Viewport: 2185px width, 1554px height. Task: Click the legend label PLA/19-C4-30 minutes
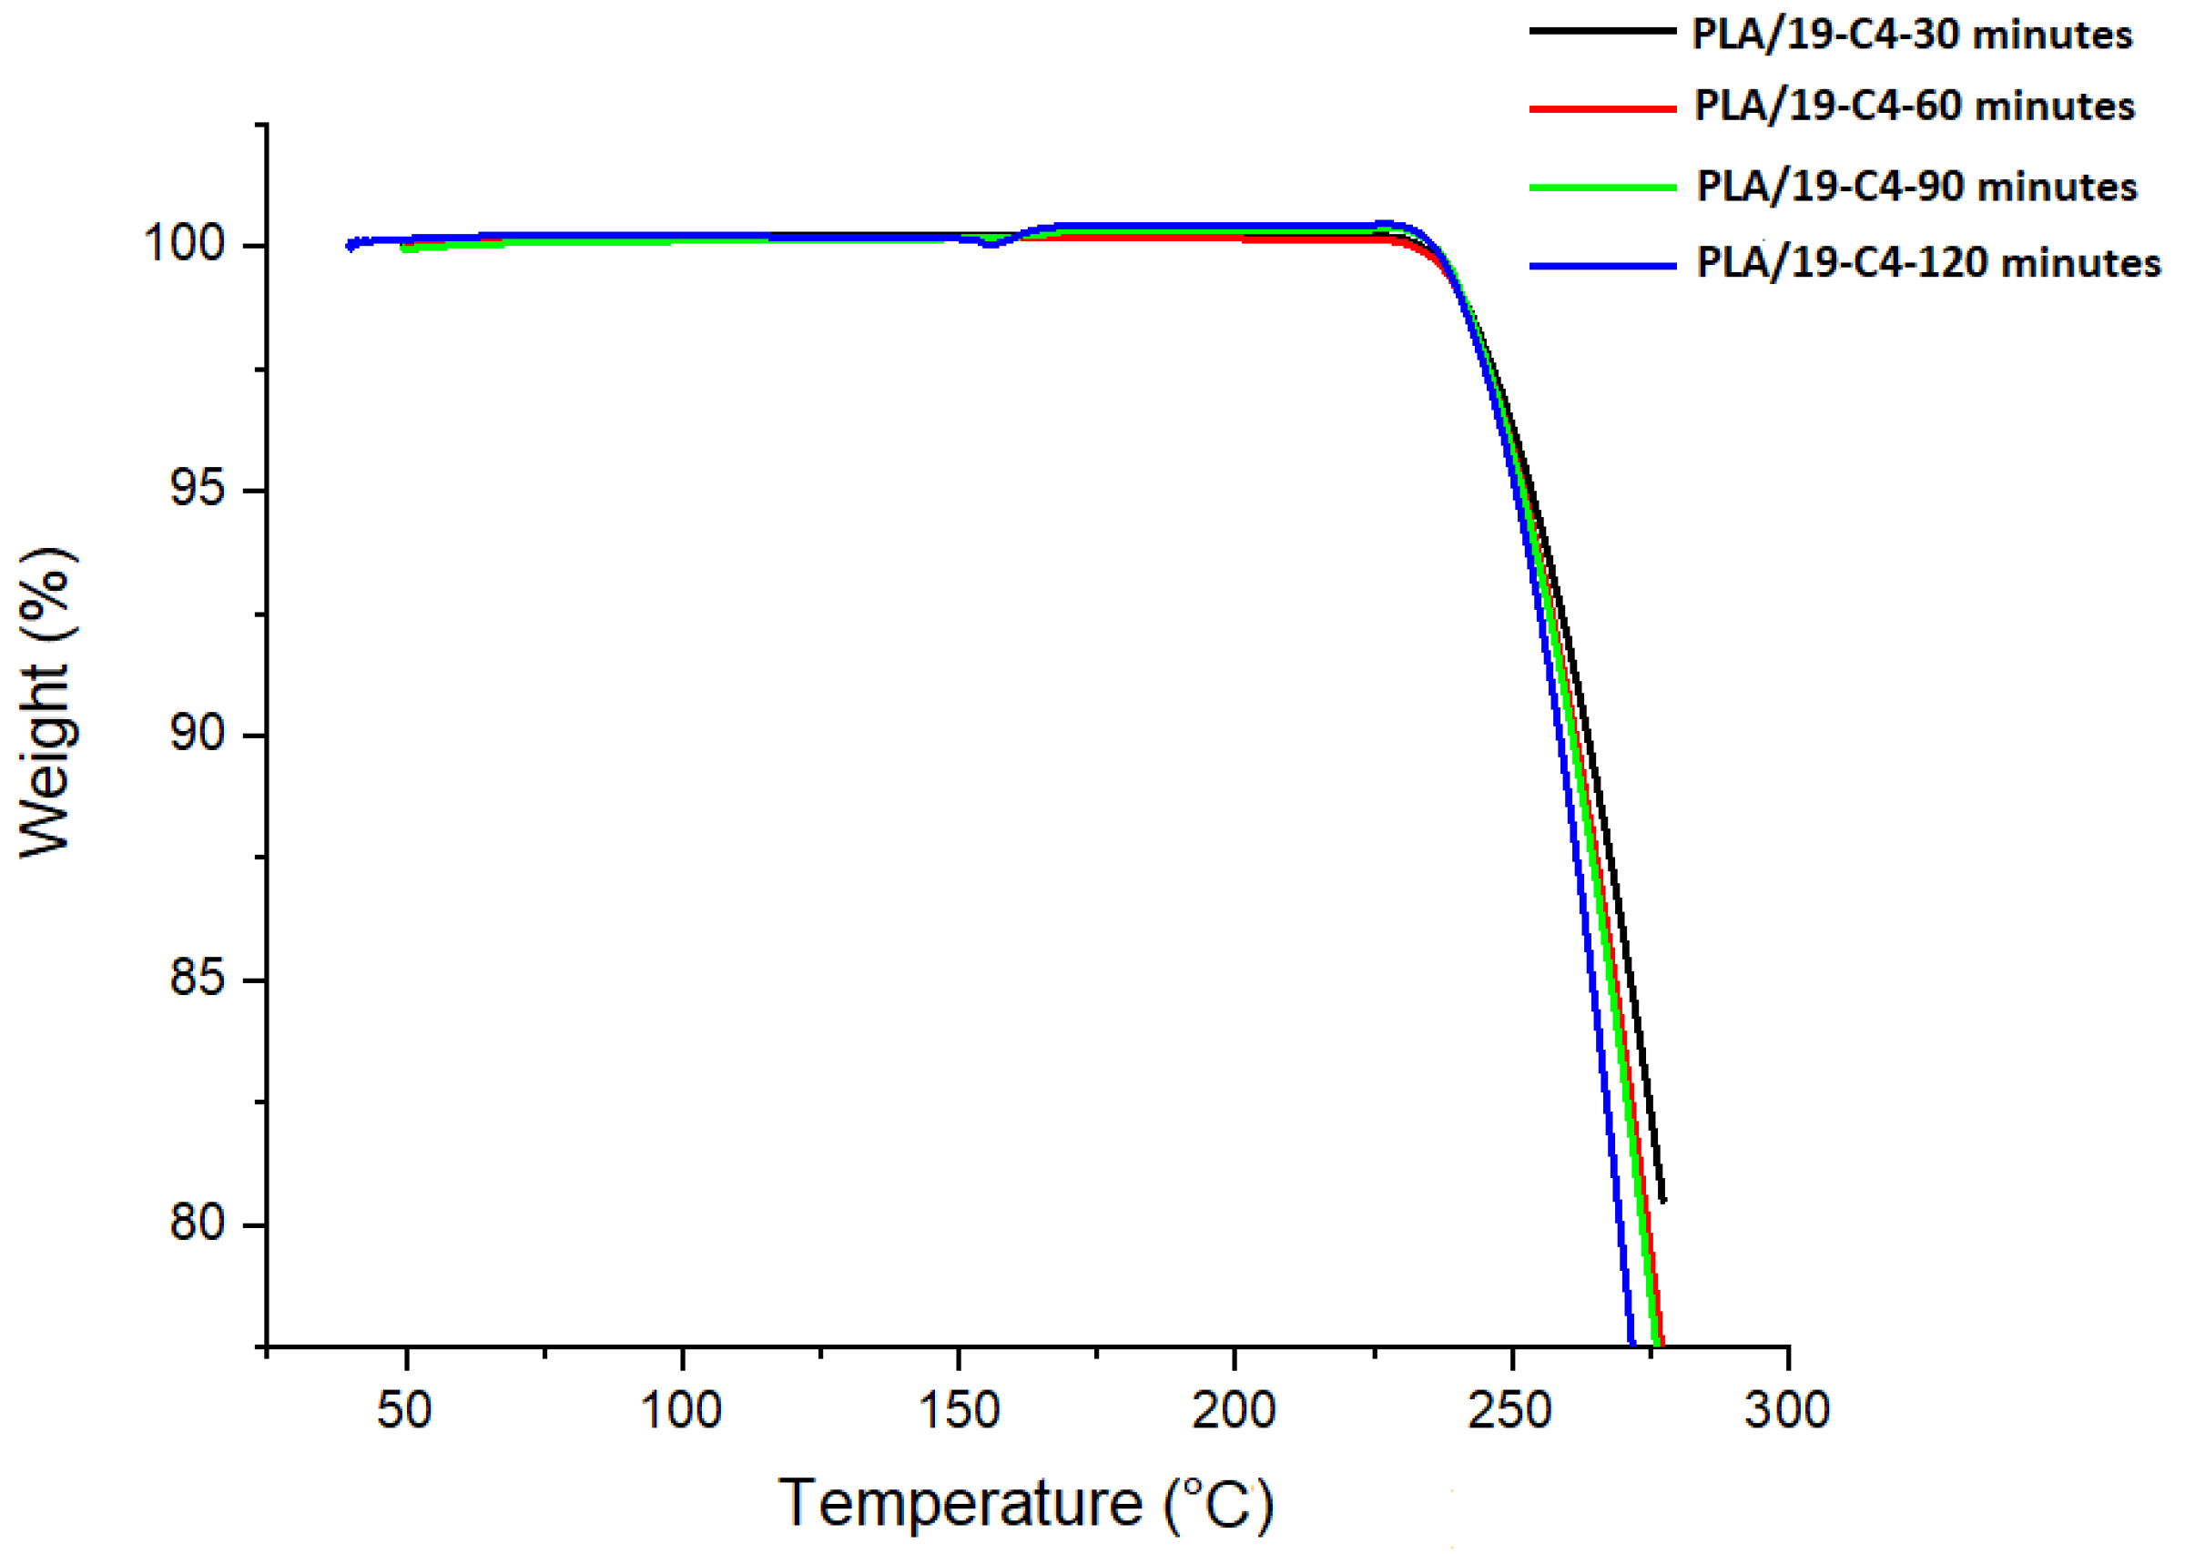point(1911,36)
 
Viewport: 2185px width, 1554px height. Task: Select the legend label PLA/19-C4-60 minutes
point(1915,107)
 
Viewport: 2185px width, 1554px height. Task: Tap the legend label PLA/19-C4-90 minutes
point(1916,187)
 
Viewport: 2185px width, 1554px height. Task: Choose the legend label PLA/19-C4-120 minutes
point(1928,263)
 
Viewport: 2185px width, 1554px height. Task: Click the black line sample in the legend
point(1602,32)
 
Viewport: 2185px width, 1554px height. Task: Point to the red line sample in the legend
point(1602,108)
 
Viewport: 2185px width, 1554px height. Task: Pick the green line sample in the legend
point(1602,188)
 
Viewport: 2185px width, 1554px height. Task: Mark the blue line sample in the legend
point(1602,265)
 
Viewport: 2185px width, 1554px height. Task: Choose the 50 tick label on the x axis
point(404,1410)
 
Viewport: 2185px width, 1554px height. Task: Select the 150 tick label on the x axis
point(958,1410)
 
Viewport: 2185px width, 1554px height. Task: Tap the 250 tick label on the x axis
point(1509,1410)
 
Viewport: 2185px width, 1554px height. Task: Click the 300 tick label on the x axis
point(1786,1410)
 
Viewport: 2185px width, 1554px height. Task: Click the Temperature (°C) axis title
point(1025,1503)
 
